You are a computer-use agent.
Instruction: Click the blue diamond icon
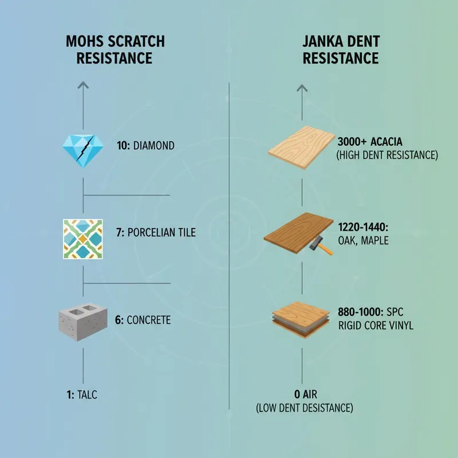point(83,151)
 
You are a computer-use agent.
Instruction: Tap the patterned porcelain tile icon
point(83,239)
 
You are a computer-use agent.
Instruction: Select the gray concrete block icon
point(82,322)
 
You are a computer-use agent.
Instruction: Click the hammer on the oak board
point(321,245)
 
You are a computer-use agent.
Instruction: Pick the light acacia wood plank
point(302,148)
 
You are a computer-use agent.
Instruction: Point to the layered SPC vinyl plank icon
point(301,319)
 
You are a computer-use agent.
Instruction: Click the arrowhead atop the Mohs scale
point(83,85)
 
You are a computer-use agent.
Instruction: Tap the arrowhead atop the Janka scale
point(302,88)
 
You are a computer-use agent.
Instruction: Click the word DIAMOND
point(154,145)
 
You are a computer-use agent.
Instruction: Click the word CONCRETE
point(149,320)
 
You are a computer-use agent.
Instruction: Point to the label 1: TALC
point(82,395)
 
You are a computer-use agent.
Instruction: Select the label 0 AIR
point(306,394)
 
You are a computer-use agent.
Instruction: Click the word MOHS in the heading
point(85,41)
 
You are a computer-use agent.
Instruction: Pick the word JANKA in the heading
point(321,41)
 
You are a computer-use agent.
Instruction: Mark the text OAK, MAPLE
point(363,240)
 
